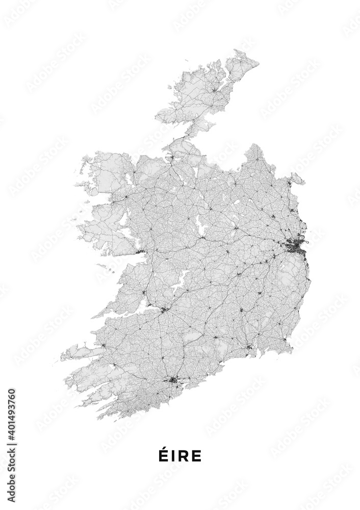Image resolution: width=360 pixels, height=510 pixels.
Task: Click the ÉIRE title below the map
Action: click(x=180, y=455)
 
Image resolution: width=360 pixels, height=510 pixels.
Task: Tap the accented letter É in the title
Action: click(x=163, y=455)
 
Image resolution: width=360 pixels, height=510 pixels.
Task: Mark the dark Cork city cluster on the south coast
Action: click(x=172, y=380)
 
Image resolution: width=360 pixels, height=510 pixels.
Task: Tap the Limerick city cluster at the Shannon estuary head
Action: click(x=164, y=309)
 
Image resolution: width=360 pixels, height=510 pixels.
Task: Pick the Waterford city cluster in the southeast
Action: click(x=249, y=347)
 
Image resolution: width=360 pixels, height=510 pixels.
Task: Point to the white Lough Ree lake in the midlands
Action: click(x=199, y=225)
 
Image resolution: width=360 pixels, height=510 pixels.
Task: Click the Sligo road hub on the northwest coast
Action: click(x=172, y=157)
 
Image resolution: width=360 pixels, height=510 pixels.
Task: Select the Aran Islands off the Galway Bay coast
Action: click(x=105, y=267)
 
